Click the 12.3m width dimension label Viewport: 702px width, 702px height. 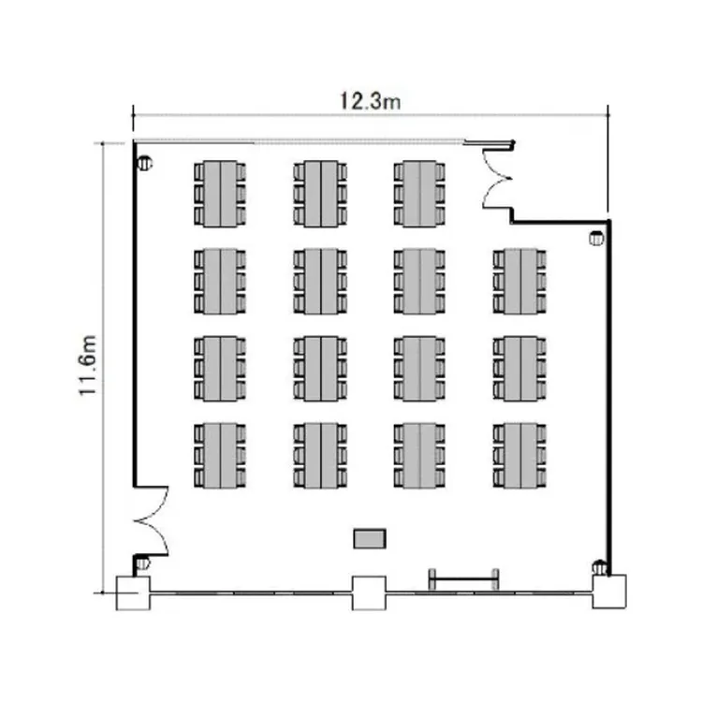click(371, 101)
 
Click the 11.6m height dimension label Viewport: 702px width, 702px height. click(88, 365)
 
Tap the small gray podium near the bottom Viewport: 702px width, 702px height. click(370, 538)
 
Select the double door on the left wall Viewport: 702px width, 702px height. click(151, 520)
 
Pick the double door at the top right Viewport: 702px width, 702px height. click(498, 179)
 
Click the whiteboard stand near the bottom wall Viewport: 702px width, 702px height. click(464, 579)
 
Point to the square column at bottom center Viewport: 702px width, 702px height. click(370, 593)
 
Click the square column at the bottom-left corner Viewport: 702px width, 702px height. click(134, 593)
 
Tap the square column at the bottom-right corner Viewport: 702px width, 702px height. click(609, 592)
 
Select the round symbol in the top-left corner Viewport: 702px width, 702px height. click(144, 164)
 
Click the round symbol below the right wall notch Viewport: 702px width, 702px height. click(596, 239)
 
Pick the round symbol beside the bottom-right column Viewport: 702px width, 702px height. click(599, 568)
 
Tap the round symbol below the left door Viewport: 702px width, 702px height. click(143, 563)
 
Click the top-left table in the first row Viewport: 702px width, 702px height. click(220, 194)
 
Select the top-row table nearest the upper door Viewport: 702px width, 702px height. click(420, 194)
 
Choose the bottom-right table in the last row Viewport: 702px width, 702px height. click(520, 455)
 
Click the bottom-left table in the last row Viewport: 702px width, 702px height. click(220, 455)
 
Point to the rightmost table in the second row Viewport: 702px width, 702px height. click(520, 281)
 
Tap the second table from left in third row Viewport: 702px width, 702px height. click(320, 368)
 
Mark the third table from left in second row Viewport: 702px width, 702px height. click(420, 281)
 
